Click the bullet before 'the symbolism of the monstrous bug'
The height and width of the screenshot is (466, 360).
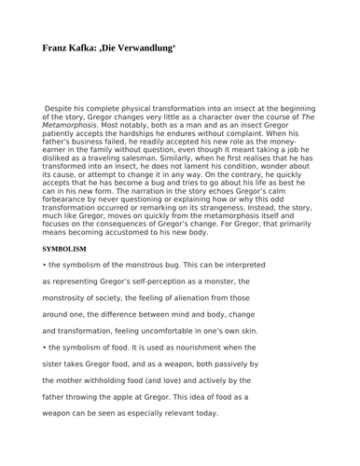(x=45, y=265)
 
